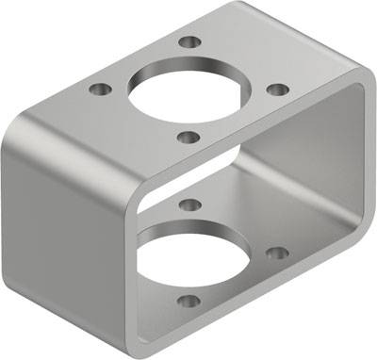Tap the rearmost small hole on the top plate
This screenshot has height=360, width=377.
(x=190, y=42)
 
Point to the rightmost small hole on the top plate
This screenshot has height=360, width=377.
(x=277, y=90)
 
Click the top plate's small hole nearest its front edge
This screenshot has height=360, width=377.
(x=188, y=138)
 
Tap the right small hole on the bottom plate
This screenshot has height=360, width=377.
(x=276, y=253)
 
